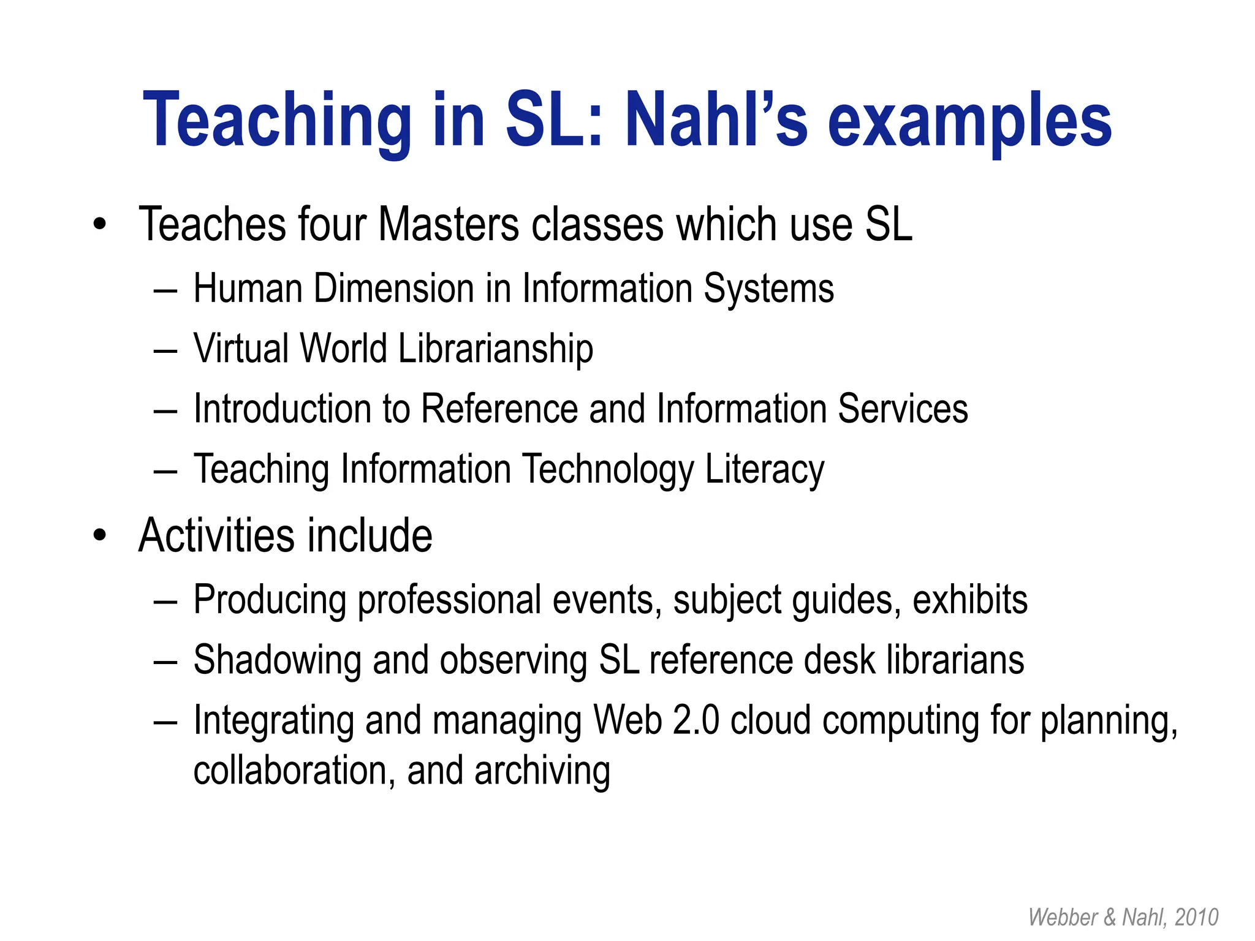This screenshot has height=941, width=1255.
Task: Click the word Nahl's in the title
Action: (x=716, y=119)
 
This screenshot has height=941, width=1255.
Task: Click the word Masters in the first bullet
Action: (x=449, y=224)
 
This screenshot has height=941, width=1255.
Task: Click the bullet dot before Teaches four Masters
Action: (x=100, y=224)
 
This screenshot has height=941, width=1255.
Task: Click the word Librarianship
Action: (x=495, y=349)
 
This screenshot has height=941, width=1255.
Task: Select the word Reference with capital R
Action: (x=499, y=409)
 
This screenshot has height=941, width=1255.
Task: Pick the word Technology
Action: (x=608, y=470)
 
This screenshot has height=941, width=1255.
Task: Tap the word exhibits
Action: (x=969, y=599)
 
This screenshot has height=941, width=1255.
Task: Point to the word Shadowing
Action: (x=277, y=660)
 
